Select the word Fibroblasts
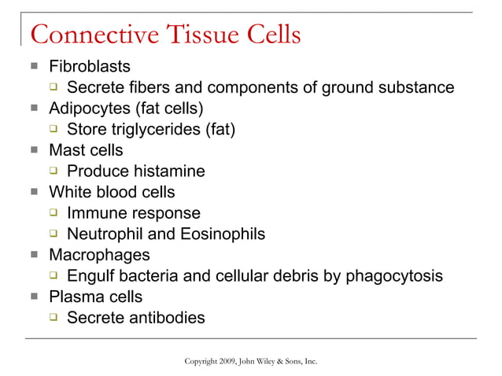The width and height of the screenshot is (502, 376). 90,65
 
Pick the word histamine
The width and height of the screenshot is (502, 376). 168,171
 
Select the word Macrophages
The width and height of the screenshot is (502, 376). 99,256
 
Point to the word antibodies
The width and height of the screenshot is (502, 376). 165,319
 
